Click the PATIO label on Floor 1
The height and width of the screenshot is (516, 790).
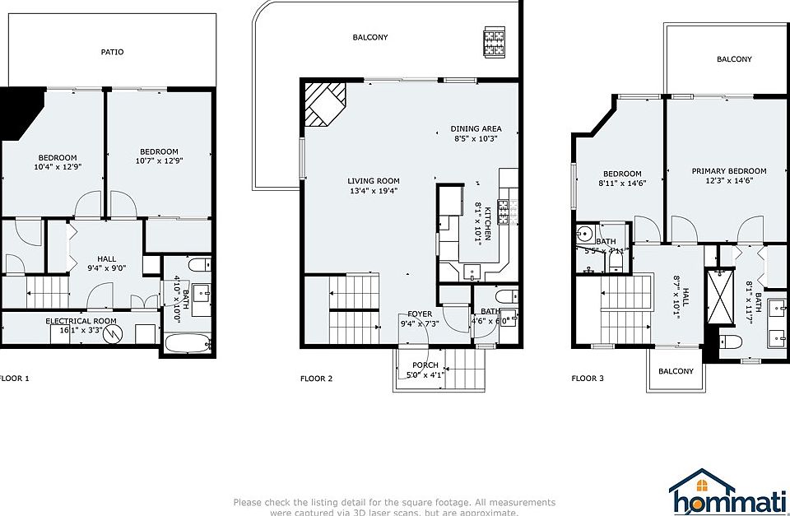(113, 52)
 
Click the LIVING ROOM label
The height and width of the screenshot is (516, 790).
(373, 181)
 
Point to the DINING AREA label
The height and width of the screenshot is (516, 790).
(476, 128)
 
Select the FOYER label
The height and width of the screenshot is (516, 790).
(420, 314)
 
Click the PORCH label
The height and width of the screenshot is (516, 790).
(425, 365)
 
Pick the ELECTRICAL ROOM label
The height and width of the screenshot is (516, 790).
(81, 321)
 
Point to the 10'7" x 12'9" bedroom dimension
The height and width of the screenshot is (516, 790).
(159, 161)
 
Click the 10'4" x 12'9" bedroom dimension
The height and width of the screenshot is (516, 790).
(57, 167)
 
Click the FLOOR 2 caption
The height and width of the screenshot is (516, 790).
(316, 379)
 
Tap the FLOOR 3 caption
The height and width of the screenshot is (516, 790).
(588, 379)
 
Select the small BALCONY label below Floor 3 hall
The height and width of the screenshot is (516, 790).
(676, 371)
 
